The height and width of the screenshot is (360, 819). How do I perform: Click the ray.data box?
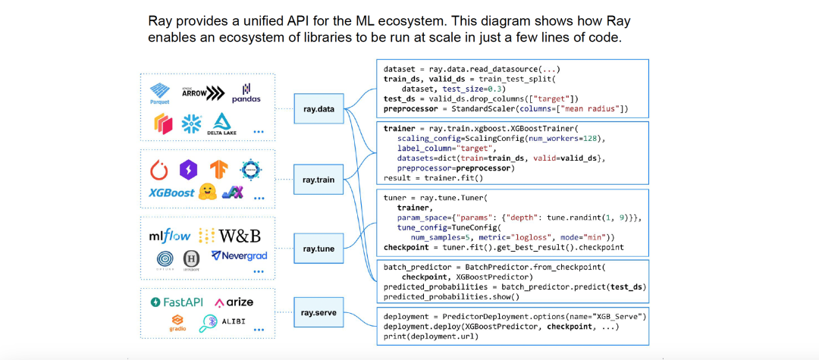tap(319, 108)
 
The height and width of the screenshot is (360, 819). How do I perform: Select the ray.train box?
tap(319, 180)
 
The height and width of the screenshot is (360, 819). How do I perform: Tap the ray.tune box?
tap(319, 248)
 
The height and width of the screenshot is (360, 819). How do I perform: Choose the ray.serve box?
tap(319, 311)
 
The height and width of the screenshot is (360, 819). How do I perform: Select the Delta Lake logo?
tap(222, 124)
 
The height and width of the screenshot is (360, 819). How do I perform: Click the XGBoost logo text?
tap(172, 193)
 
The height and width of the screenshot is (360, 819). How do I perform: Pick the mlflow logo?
tap(170, 236)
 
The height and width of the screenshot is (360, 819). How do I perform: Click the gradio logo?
tap(177, 324)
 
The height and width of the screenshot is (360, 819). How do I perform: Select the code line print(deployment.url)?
tap(431, 336)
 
